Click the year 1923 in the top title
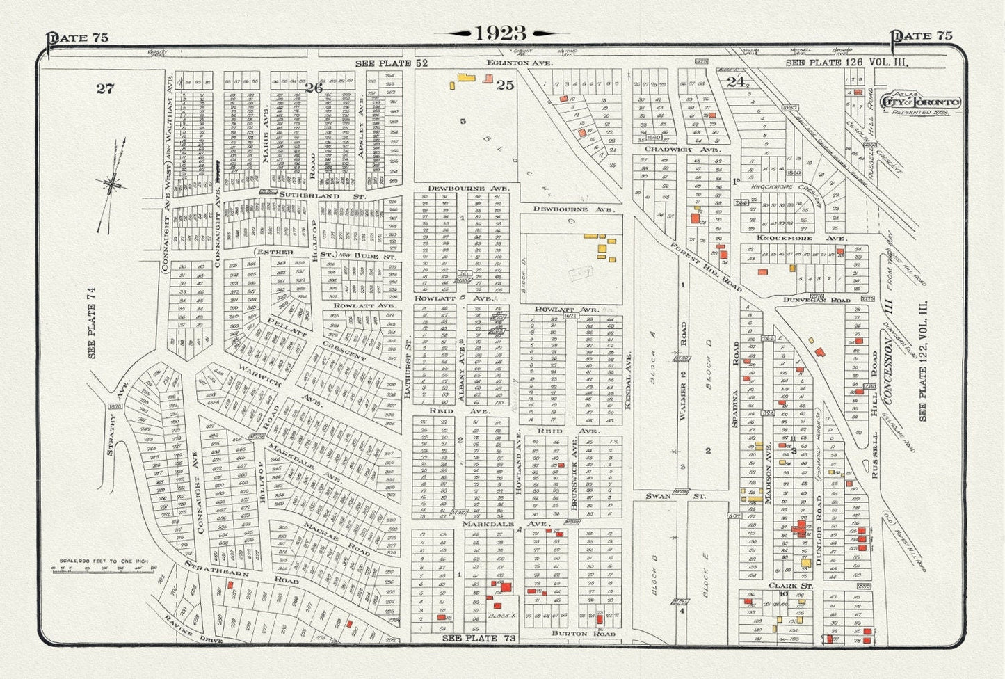click(501, 33)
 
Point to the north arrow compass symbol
click(111, 184)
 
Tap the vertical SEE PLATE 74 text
click(91, 323)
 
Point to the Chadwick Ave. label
click(673, 150)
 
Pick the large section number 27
click(104, 88)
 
